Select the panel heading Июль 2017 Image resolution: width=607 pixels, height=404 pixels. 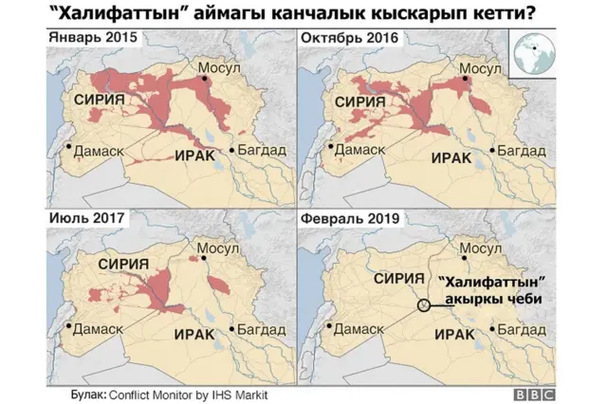(x=83, y=218)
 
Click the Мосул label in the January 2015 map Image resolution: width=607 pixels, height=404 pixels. (x=219, y=68)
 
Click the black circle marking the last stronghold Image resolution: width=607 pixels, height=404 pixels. (x=423, y=305)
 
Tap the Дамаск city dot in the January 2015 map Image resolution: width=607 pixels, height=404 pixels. (x=69, y=146)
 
